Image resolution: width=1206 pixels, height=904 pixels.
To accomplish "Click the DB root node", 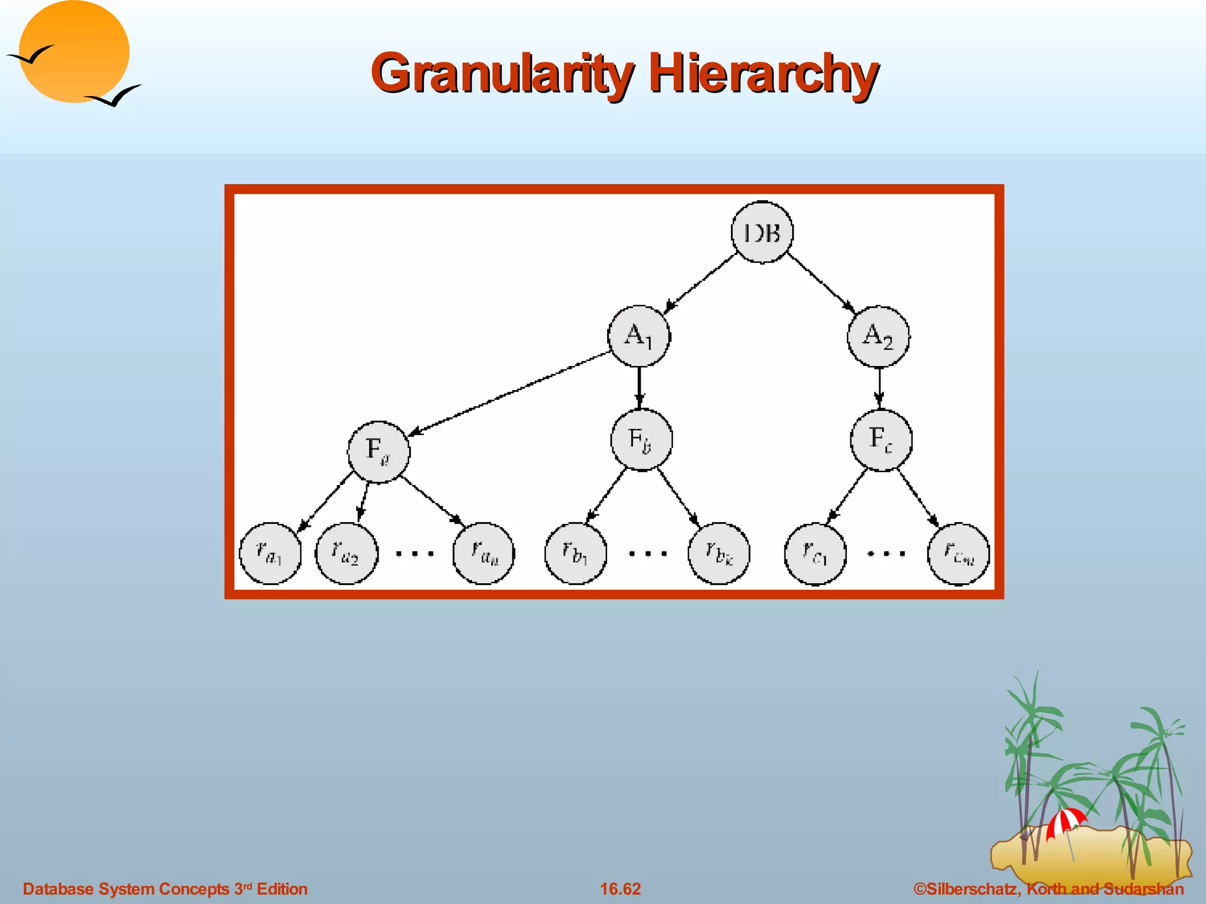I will pos(762,232).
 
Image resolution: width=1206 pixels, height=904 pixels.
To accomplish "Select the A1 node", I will pos(639,336).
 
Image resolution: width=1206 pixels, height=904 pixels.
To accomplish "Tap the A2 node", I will pos(878,336).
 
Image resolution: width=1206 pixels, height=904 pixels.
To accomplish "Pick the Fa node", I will pos(379,451).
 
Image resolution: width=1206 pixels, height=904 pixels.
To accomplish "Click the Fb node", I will pos(641,440).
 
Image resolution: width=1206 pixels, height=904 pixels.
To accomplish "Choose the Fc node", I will pos(881,440).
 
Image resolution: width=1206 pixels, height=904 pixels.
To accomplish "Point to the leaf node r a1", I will pos(270,553).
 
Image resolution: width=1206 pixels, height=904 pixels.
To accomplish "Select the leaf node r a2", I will pos(346,553).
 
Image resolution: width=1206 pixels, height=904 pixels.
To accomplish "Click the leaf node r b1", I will pos(575,553).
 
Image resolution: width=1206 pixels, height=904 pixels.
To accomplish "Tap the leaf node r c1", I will pos(815,554).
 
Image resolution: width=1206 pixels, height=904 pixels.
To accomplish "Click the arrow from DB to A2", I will pos(821,281).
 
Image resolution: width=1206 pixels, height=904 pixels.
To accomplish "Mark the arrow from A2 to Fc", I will pos(879,387).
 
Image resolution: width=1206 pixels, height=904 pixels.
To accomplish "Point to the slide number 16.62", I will pos(620,889).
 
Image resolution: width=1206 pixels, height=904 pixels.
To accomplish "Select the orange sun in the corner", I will pos(74,52).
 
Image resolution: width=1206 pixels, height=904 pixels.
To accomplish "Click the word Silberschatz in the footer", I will pos(972,889).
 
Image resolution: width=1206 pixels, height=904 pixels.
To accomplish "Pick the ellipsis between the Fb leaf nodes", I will pos(648,553).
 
